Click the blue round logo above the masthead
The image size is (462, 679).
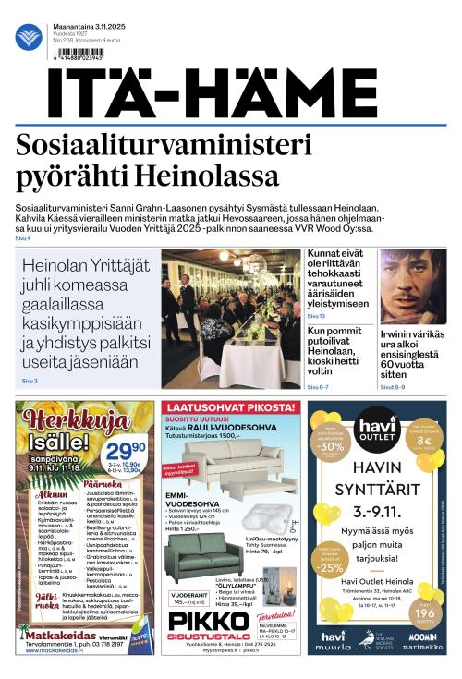coord(29,37)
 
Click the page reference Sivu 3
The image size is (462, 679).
coord(30,381)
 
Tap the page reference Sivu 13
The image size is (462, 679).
coord(316,317)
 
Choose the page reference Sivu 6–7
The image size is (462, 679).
coord(319,387)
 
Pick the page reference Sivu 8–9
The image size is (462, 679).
coord(392,387)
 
